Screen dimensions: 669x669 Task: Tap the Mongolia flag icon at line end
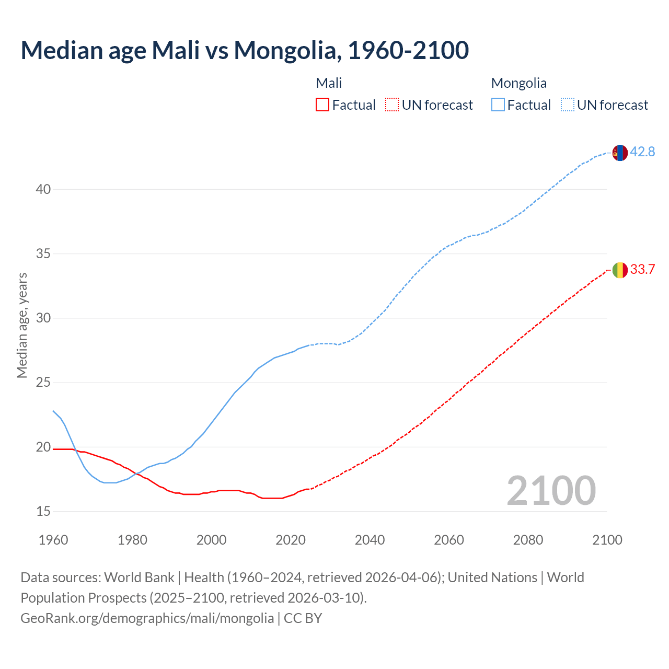(x=620, y=153)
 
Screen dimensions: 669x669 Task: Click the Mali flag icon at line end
(x=620, y=270)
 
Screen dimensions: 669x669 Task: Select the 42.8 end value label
(x=642, y=152)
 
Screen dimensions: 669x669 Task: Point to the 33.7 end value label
(x=642, y=269)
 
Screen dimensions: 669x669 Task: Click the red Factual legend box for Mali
(x=322, y=105)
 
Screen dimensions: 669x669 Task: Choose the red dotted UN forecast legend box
(x=392, y=105)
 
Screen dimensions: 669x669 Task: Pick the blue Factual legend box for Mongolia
(x=498, y=105)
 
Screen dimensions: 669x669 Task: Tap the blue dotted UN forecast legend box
(x=567, y=105)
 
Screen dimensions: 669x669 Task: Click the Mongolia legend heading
(x=518, y=83)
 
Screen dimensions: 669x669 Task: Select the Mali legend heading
(x=329, y=83)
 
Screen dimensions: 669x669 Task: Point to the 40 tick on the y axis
(x=43, y=189)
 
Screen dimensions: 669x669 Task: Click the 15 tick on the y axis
(x=43, y=511)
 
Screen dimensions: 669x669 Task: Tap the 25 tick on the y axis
(x=43, y=383)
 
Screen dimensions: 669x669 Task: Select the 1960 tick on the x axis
(x=53, y=539)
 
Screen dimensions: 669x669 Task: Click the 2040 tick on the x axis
(x=370, y=539)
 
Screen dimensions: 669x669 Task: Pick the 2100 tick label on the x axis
(x=607, y=539)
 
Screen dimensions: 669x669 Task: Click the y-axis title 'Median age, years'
(x=22, y=325)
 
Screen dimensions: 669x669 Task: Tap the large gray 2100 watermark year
(x=551, y=490)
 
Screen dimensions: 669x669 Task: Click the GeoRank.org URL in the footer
(x=147, y=618)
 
